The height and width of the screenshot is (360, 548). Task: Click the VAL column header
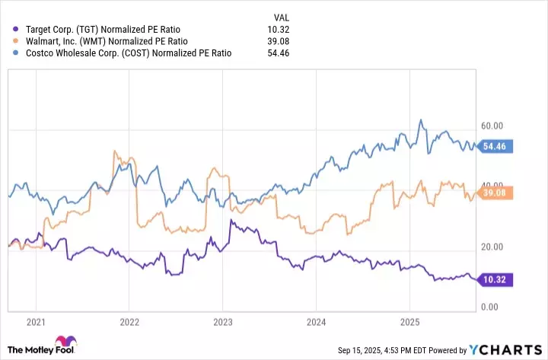tap(281, 16)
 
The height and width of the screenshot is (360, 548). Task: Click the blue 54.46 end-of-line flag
tap(499, 145)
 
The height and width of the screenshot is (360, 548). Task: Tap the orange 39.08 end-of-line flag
tap(499, 193)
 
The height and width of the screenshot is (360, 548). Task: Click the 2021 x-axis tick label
tap(35, 323)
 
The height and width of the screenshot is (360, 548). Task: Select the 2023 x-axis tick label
tap(222, 323)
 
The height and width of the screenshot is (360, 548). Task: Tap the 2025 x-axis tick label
tap(409, 323)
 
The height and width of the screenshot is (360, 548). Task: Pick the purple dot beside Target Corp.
tap(17, 28)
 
